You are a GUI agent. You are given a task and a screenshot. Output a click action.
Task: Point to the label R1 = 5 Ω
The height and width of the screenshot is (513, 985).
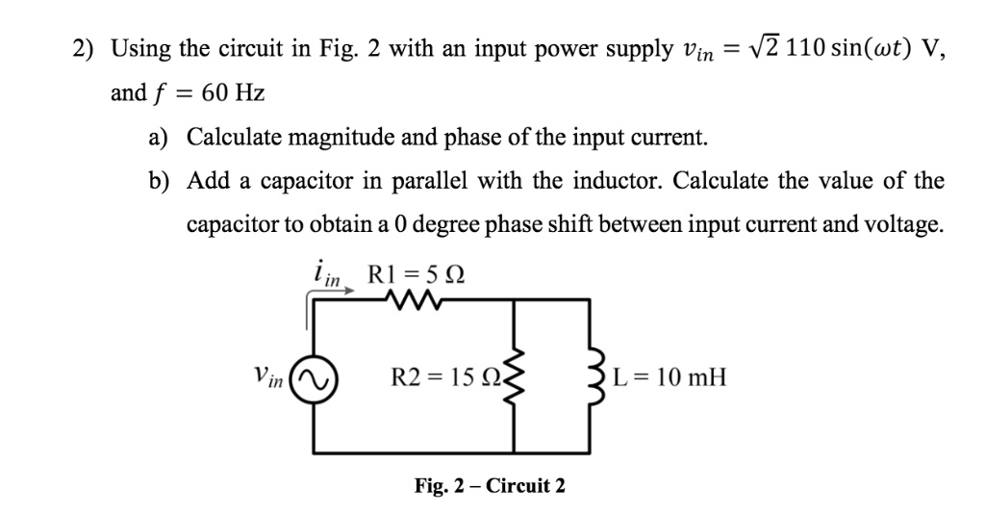click(415, 272)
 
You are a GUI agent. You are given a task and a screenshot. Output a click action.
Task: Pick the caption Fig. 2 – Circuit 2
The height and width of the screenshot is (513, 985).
click(490, 485)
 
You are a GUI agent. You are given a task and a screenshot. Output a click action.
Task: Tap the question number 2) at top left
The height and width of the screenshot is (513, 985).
click(88, 50)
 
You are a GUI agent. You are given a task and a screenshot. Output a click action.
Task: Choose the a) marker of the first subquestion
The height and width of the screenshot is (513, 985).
click(158, 138)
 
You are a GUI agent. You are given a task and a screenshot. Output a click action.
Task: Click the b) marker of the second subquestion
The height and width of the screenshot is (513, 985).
click(158, 181)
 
